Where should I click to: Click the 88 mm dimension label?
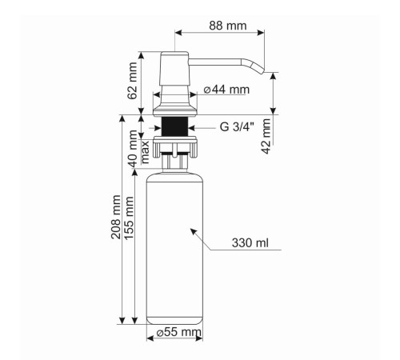[x=228, y=26]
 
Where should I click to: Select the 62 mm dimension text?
[x=133, y=81]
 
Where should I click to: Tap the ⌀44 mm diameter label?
[x=226, y=90]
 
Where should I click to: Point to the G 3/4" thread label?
[x=237, y=127]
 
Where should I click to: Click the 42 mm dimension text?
[x=266, y=136]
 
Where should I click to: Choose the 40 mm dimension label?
[x=134, y=149]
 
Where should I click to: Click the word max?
[x=145, y=152]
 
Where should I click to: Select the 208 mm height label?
[x=116, y=217]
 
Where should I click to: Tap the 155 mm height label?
[x=129, y=218]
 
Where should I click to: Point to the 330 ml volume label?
[x=250, y=243]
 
